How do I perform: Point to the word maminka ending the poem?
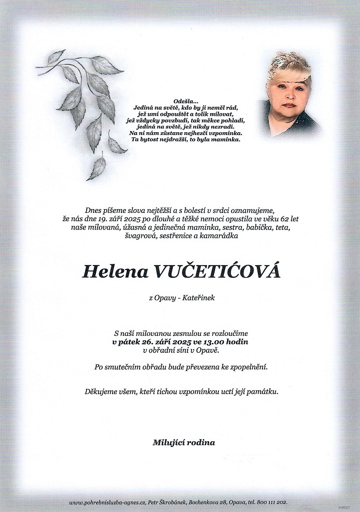coord(227,140)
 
